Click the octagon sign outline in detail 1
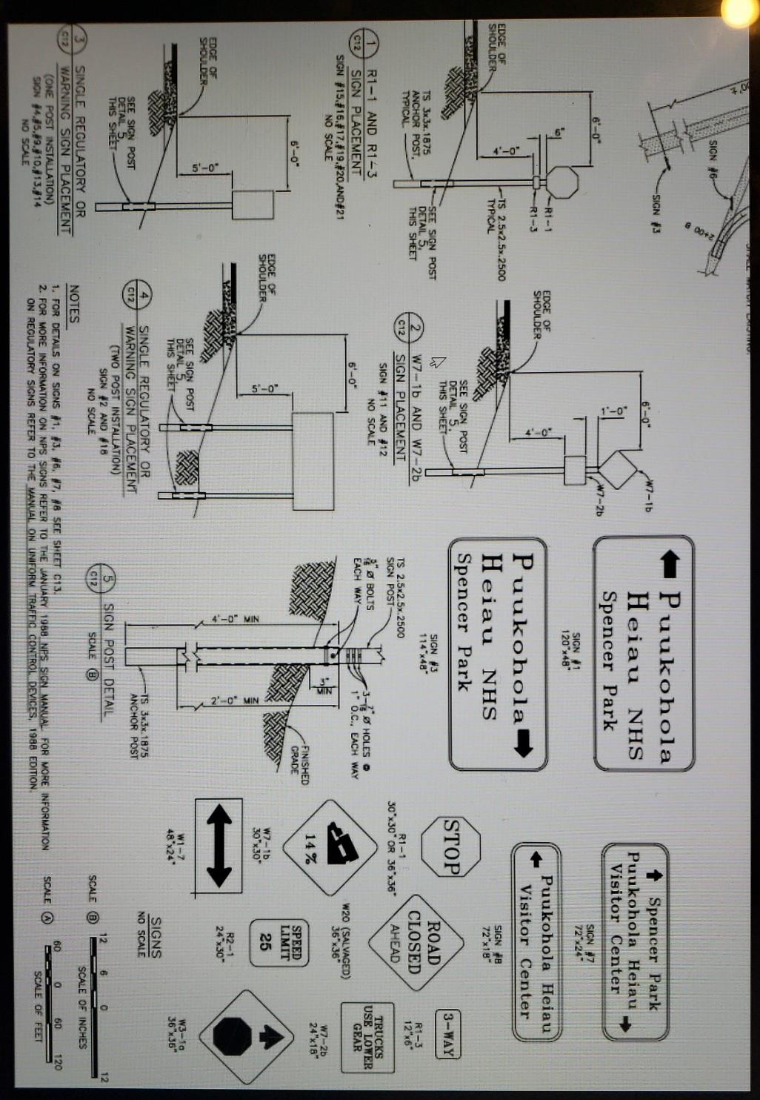click(567, 181)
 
